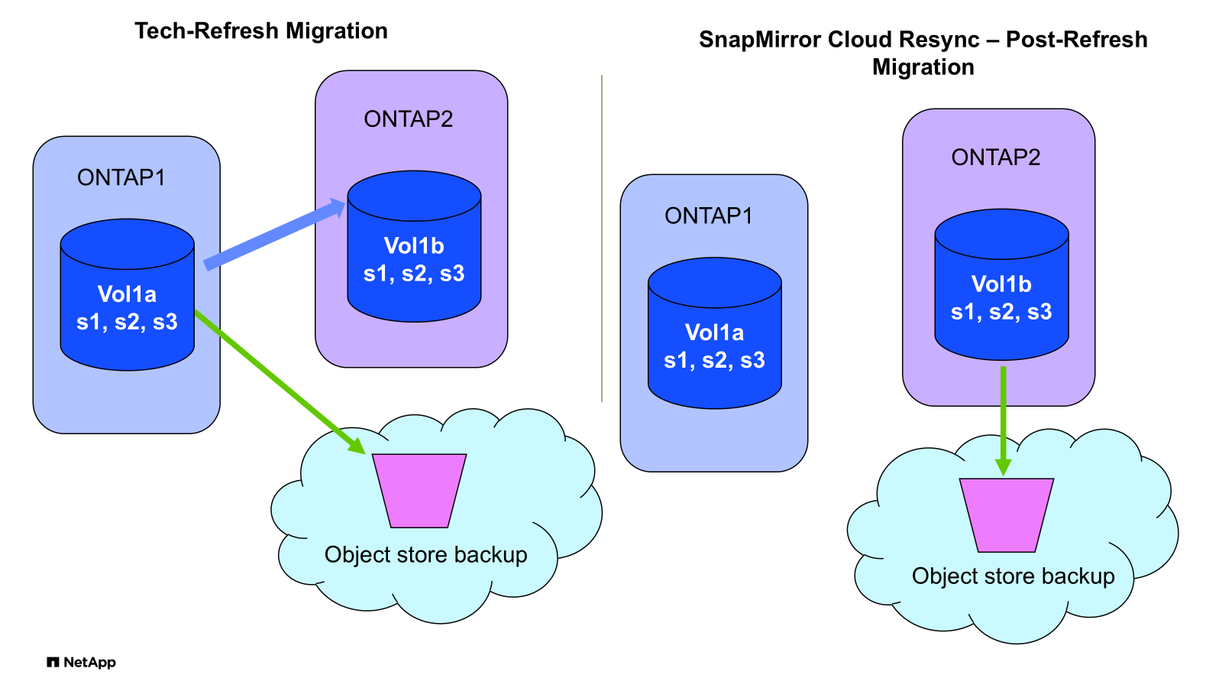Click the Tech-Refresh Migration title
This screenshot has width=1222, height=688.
point(261,31)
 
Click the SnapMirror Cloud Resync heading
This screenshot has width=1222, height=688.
point(923,40)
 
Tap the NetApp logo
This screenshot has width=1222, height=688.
point(81,662)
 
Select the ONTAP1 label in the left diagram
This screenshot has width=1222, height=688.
point(121,177)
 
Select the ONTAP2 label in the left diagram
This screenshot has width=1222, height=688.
point(408,119)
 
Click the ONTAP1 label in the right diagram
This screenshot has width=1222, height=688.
point(709,216)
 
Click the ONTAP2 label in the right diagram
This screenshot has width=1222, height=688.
point(995,157)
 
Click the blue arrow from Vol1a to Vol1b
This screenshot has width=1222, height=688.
point(275,234)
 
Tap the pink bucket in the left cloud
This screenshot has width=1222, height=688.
point(419,490)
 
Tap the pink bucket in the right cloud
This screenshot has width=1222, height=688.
point(1006,514)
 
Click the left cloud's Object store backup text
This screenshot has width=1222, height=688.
point(425,554)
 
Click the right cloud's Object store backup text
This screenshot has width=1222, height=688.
point(1013,576)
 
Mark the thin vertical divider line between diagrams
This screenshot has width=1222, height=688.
point(602,238)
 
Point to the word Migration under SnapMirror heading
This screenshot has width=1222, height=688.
point(923,67)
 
